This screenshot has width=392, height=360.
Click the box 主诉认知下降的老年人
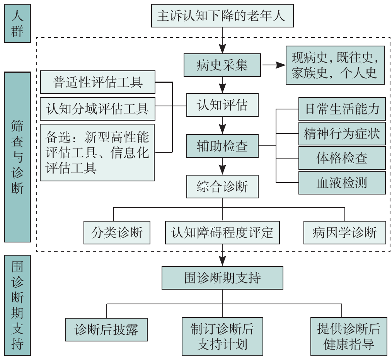coord(222,16)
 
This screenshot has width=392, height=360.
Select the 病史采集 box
coord(222,65)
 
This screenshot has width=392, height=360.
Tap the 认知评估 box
coord(222,105)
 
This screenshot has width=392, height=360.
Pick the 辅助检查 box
coord(222,146)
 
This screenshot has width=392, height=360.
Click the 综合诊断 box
coord(222,187)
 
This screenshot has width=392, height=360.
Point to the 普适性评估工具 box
coord(97,82)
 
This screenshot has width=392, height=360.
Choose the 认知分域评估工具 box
coord(97,109)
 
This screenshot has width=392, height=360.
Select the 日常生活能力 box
coord(342,109)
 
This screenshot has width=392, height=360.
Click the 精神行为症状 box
coord(342,134)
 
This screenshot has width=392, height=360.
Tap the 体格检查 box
coord(342,158)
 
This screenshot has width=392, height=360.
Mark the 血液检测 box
coord(342,183)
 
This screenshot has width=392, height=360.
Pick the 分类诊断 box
coord(117,232)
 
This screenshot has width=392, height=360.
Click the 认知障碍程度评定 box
coord(222,232)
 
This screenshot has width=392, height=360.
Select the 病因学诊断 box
coord(344,232)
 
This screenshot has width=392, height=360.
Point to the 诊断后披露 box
coord(106,330)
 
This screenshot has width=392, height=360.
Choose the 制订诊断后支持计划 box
coord(222,336)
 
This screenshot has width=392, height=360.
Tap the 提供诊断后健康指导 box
coord(348,336)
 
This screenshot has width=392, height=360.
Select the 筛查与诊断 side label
coord(17,157)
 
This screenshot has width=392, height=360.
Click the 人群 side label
coord(17,23)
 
